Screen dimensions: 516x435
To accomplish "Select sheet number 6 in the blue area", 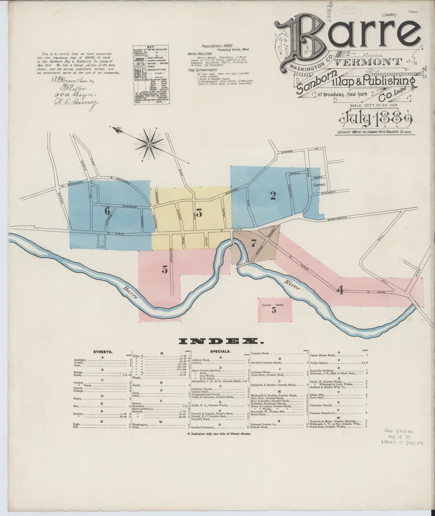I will [107, 211].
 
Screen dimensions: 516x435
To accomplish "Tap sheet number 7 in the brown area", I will [253, 243].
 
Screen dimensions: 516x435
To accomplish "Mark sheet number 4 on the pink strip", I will [339, 290].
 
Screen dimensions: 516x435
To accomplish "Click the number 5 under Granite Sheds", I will [274, 311].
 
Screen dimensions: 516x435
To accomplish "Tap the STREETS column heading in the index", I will [103, 352].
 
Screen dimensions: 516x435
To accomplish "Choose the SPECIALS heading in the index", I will [219, 352].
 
